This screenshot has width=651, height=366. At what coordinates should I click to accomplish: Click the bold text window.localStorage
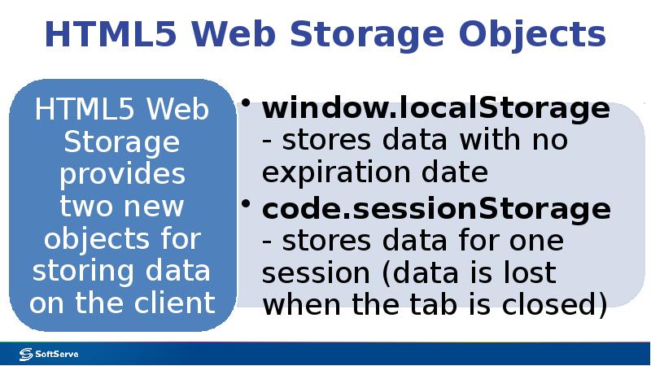pyautogui.click(x=435, y=108)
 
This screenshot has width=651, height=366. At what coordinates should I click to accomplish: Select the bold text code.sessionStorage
pyautogui.click(x=435, y=209)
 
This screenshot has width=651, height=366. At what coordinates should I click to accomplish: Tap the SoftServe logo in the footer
pyautogui.click(x=49, y=354)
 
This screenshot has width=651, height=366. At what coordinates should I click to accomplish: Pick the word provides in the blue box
pyautogui.click(x=122, y=174)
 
